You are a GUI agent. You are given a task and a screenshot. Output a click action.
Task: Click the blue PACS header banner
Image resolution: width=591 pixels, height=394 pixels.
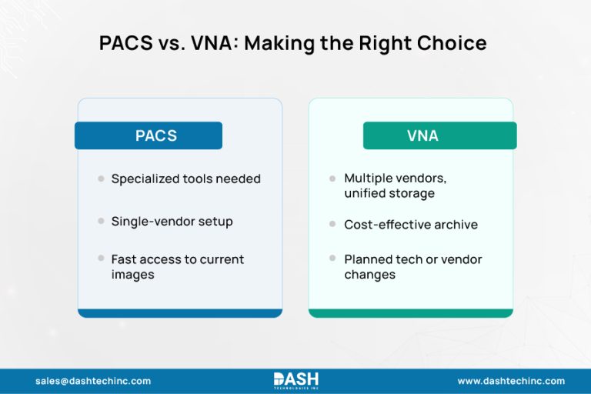tap(149, 136)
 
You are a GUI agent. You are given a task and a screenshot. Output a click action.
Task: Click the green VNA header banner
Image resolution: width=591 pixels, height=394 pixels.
tap(439, 136)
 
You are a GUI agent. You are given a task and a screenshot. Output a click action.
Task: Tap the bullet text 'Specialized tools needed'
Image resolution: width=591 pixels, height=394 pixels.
tap(185, 179)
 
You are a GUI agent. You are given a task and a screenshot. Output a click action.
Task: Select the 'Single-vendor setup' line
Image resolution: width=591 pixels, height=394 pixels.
tap(172, 222)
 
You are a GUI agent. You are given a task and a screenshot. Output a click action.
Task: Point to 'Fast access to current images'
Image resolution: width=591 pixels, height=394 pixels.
tap(177, 267)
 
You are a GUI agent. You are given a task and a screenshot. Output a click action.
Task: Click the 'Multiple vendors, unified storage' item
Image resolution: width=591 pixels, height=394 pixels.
tap(395, 186)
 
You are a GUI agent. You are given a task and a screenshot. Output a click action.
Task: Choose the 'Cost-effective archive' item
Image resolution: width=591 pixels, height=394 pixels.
tap(411, 225)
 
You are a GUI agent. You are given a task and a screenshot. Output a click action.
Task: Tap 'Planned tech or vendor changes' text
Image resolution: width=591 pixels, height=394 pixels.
tap(412, 267)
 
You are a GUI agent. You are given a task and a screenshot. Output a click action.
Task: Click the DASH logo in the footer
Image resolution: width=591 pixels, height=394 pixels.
tap(295, 380)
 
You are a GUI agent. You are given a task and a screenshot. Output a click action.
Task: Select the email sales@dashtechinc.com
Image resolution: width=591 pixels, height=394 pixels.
tap(93, 381)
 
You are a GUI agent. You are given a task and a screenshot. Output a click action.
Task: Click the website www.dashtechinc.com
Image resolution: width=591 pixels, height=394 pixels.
tap(511, 381)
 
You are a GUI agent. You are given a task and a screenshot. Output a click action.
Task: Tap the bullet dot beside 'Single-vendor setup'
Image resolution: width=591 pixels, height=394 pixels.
tap(101, 221)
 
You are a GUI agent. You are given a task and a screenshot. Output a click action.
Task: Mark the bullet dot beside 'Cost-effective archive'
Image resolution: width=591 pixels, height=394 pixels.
tap(332, 224)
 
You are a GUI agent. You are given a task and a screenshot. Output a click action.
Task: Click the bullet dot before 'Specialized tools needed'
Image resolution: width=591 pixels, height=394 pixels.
tap(101, 179)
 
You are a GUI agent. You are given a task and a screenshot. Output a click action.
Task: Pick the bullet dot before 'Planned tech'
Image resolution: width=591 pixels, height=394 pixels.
tap(332, 259)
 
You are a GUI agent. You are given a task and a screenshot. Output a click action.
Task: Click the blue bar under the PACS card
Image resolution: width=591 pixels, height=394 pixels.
tap(179, 313)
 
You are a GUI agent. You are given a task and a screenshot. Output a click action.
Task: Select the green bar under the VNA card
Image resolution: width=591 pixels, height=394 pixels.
tap(410, 313)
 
